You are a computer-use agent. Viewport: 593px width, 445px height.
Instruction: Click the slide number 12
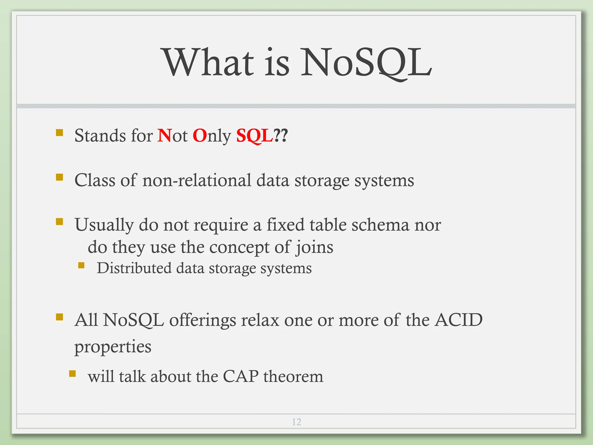click(296, 422)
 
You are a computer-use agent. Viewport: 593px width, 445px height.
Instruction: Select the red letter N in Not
click(164, 135)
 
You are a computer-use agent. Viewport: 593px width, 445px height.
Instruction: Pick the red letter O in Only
click(200, 135)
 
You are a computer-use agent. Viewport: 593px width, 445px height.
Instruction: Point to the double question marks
click(281, 135)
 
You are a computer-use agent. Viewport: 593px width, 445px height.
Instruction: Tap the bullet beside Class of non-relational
click(60, 177)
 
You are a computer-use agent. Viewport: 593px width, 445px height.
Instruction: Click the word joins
click(314, 247)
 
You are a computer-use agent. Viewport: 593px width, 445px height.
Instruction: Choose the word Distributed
click(134, 268)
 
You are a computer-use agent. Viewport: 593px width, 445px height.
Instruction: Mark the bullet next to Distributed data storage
click(81, 265)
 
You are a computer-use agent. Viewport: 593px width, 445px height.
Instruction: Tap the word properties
click(113, 346)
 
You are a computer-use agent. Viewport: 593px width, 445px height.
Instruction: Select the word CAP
click(241, 376)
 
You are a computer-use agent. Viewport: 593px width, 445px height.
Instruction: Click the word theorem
click(293, 376)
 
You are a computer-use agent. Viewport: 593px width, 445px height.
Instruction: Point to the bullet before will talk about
click(72, 373)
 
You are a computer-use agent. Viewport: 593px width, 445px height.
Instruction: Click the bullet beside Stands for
click(60, 133)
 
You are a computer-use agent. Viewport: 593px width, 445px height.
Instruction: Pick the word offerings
click(202, 320)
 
